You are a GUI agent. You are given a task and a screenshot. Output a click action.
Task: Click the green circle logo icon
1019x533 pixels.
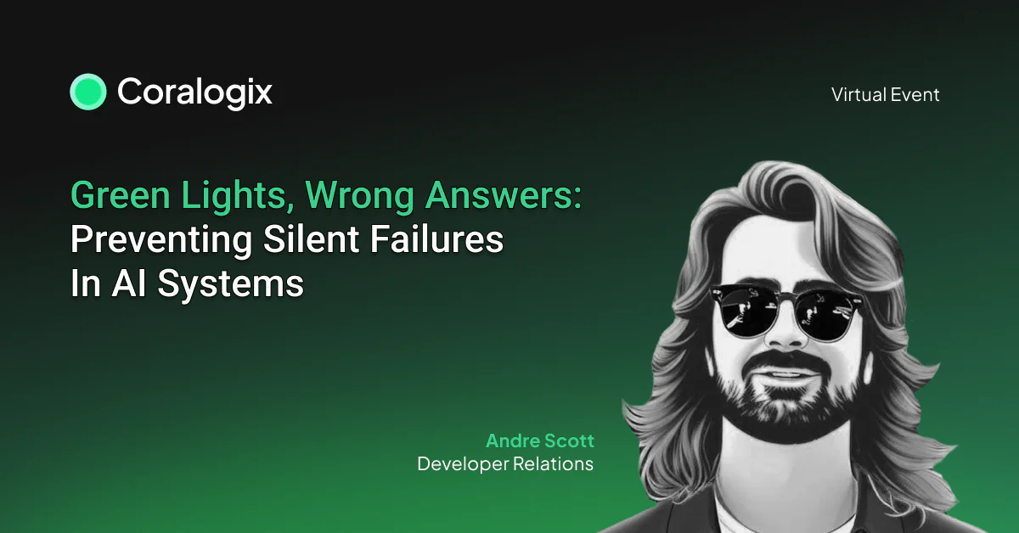click(88, 92)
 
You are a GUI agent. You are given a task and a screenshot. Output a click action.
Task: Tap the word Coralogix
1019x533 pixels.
click(194, 93)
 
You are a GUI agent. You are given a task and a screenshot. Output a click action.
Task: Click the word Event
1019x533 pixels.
click(915, 94)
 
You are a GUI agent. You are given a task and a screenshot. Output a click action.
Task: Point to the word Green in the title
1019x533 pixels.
click(121, 195)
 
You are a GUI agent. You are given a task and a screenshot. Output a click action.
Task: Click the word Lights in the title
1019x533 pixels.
click(238, 196)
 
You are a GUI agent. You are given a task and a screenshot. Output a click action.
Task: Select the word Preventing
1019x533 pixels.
click(161, 240)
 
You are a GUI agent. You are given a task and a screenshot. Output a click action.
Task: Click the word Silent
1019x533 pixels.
click(311, 239)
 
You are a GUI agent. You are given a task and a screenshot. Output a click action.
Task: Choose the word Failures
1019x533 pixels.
click(436, 239)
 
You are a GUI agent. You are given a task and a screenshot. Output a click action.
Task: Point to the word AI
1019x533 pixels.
click(129, 283)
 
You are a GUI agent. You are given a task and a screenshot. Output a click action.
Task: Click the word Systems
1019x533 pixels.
click(231, 285)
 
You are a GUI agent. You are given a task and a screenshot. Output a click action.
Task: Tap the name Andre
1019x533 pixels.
click(512, 440)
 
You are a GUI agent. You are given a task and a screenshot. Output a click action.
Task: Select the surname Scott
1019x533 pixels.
click(569, 440)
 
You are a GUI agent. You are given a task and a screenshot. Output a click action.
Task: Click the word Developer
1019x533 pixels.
click(463, 464)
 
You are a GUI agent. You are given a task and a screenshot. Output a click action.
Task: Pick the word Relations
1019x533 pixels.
click(553, 464)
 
